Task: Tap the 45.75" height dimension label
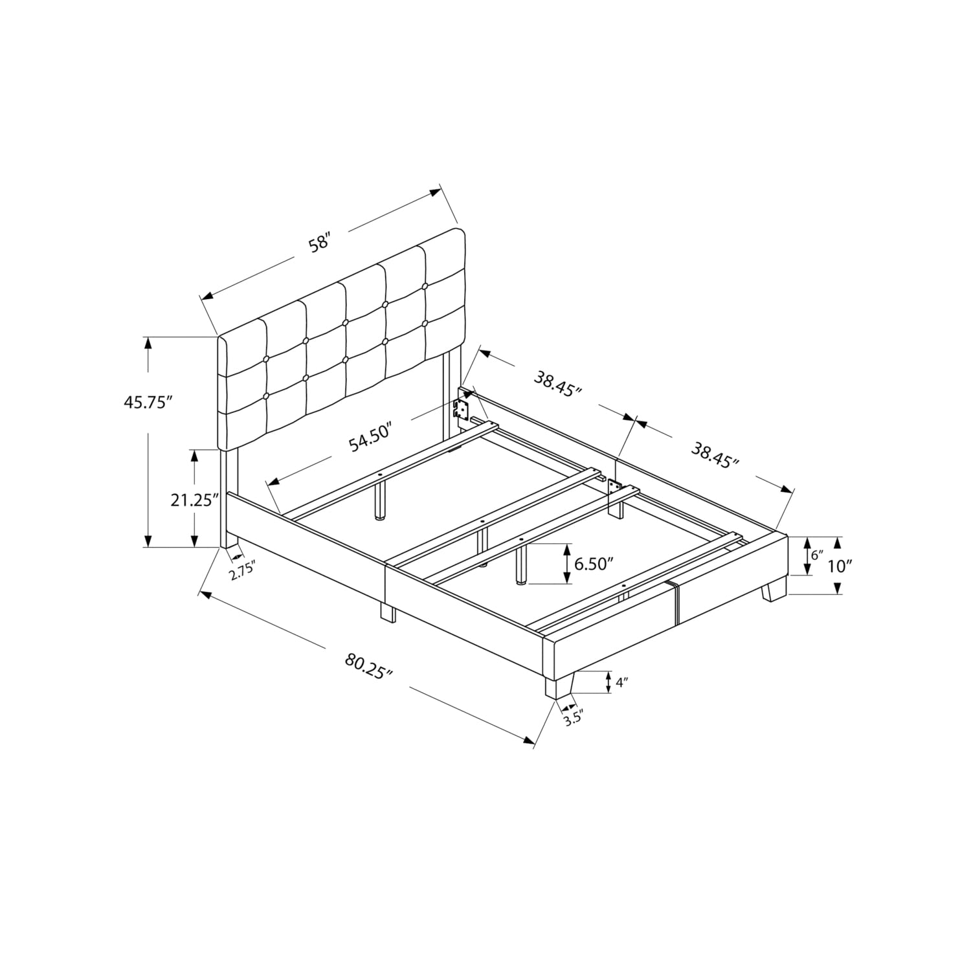tap(148, 402)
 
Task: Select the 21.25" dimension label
tap(192, 500)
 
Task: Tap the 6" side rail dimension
tap(816, 555)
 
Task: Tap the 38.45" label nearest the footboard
tap(715, 453)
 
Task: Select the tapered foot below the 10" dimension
tap(774, 590)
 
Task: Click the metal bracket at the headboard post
tap(461, 408)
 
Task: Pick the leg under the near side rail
tap(387, 612)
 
